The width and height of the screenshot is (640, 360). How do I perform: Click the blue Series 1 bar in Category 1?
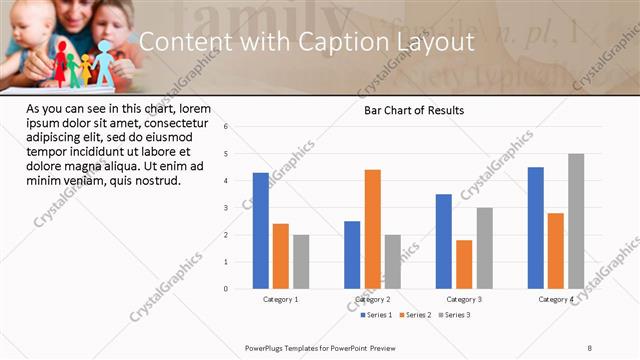click(261, 230)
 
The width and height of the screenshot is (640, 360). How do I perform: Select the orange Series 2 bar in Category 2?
click(372, 229)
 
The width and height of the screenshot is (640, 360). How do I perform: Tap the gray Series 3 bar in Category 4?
click(576, 221)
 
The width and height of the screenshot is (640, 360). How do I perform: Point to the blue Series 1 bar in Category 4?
click(536, 228)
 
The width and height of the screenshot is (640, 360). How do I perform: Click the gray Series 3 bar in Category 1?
click(301, 262)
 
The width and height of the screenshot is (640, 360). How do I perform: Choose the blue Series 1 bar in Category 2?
click(352, 255)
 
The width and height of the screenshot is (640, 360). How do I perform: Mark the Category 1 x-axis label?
click(281, 299)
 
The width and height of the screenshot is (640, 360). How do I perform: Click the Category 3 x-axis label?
click(464, 299)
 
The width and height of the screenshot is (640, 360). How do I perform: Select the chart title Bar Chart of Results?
click(413, 110)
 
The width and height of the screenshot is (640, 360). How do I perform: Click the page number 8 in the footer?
click(590, 347)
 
